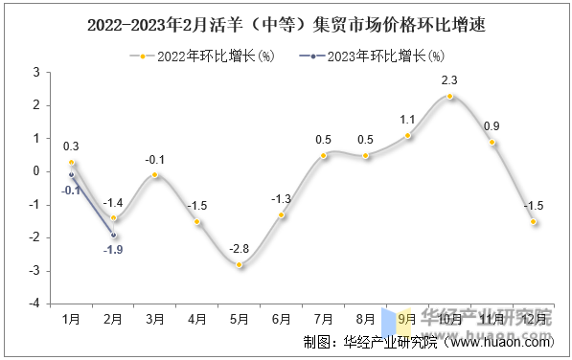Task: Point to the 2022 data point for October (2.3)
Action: (449, 96)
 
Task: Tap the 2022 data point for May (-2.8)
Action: (240, 264)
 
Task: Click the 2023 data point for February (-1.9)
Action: (113, 235)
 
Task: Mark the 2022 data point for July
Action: (323, 155)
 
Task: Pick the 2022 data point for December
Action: (534, 221)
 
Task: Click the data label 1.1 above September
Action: (407, 120)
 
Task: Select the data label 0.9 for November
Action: (492, 126)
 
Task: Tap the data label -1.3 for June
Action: (281, 198)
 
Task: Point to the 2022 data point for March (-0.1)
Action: (155, 175)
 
